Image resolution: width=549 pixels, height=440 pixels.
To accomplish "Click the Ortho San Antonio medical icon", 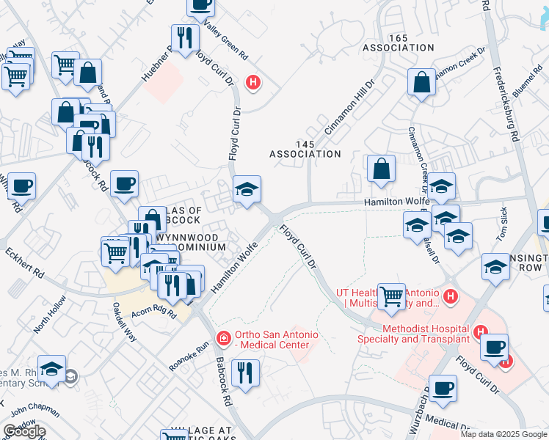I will (x=222, y=338).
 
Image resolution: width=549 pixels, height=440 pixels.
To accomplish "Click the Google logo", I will (x=24, y=431).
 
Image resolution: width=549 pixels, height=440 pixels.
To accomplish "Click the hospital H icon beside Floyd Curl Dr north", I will (x=253, y=83).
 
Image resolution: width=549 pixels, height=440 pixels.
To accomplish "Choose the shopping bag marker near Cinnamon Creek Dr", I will (x=423, y=83).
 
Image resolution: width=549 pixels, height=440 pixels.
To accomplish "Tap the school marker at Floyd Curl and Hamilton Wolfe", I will (x=247, y=190).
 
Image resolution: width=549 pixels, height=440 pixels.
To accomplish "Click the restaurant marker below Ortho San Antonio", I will (x=245, y=373).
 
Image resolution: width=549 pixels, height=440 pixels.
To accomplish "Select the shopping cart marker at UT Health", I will (x=391, y=297).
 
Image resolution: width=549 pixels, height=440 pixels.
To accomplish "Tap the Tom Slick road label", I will (x=502, y=224).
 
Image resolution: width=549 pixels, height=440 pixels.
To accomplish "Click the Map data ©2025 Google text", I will (x=503, y=434).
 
